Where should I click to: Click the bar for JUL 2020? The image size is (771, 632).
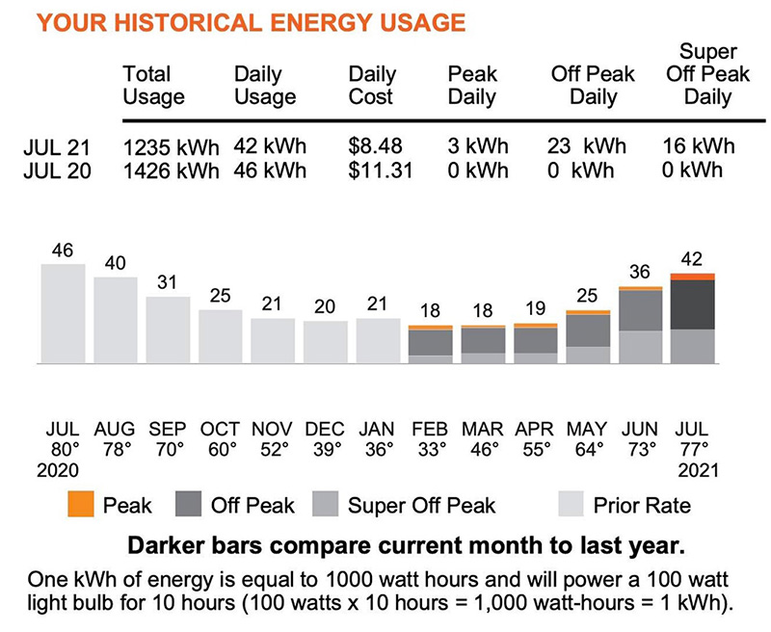[64, 313]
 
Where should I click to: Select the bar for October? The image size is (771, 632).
[221, 336]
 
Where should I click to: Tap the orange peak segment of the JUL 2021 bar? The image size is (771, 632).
[692, 276]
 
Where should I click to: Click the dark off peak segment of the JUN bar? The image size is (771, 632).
[640, 310]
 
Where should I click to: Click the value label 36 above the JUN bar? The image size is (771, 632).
[640, 273]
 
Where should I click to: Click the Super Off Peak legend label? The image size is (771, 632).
[421, 505]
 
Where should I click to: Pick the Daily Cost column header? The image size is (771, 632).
[371, 85]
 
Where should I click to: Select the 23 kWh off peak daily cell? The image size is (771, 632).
[587, 147]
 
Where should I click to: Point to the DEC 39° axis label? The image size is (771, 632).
[325, 438]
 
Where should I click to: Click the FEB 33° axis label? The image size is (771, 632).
[430, 438]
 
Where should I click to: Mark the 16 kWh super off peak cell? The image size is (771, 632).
[698, 147]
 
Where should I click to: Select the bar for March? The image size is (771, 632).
[482, 344]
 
